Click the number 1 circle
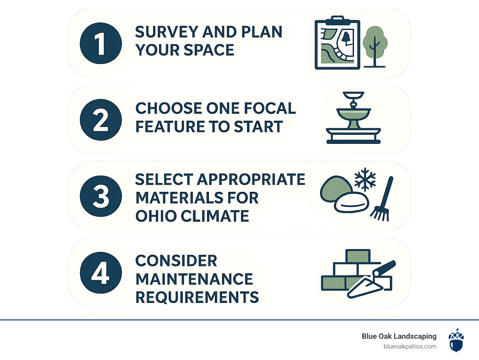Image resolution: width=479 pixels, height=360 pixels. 101,43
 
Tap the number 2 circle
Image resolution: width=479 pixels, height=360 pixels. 101,120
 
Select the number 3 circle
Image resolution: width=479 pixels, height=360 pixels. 101,196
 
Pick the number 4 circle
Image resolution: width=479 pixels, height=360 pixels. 101,273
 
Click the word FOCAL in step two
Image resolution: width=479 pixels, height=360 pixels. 270,108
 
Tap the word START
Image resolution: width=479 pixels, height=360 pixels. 259,126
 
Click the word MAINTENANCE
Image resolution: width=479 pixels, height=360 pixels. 194,279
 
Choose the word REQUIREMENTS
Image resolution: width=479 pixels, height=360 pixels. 197,297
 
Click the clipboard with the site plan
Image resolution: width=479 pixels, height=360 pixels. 337,42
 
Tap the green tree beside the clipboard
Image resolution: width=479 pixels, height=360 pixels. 375,47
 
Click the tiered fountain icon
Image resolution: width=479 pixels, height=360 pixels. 353,118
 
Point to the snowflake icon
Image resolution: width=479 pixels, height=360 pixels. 365,179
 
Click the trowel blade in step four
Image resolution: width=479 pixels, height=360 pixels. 365,288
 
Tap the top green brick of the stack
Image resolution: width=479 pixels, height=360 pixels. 358,256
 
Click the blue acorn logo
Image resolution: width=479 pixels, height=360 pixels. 456,340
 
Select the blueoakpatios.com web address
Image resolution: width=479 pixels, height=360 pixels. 410,347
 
